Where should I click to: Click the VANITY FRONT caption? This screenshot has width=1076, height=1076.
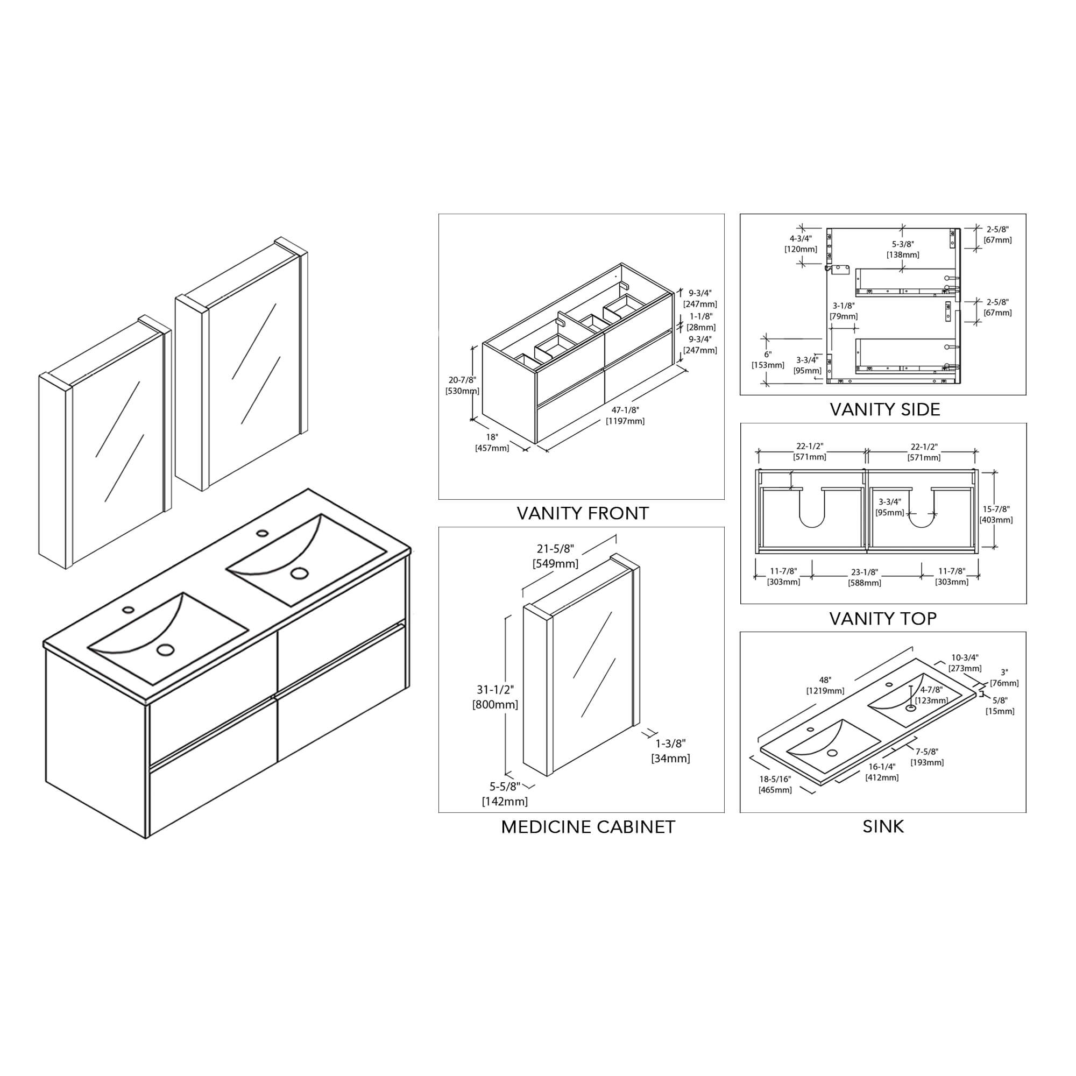pos(583,513)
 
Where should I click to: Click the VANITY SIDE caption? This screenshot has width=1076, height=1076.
pos(885,409)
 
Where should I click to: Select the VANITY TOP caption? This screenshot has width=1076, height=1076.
pos(883,618)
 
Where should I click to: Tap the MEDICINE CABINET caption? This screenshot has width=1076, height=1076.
pos(587,827)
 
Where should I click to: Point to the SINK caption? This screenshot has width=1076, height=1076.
pos(883,826)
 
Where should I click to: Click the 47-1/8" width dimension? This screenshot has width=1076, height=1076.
pos(625,410)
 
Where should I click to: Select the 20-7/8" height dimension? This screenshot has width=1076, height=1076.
pos(462,380)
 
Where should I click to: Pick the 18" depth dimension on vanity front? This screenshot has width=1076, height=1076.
pos(491,437)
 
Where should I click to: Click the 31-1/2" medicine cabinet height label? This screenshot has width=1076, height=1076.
pos(495,690)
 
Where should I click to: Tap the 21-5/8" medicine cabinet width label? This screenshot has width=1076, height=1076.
pos(555,549)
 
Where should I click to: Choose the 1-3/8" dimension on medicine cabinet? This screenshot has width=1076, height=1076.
pos(670,743)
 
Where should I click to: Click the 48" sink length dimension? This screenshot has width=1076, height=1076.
pos(825,680)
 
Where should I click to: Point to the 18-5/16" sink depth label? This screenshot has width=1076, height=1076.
pos(774,779)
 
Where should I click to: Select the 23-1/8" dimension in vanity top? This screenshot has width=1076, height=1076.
pos(865,572)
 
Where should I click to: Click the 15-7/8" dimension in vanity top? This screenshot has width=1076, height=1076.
pos(996,509)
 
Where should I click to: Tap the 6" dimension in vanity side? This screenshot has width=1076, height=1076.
pos(768,354)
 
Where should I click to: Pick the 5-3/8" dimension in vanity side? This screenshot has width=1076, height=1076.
pos(903,244)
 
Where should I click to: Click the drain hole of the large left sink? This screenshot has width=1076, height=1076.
pos(165,649)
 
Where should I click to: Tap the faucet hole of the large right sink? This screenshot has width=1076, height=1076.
pos(263,533)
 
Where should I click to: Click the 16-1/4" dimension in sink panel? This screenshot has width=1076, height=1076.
pos(882,766)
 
